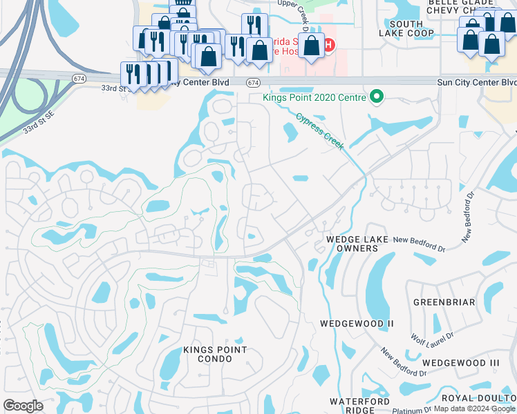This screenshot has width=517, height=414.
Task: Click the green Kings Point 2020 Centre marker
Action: [x=377, y=97]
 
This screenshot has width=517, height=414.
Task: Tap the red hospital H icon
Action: [x=328, y=46]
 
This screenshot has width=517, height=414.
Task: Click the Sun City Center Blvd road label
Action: [x=476, y=82]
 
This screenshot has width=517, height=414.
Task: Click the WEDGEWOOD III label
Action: [x=460, y=363]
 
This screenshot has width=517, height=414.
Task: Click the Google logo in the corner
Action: [x=23, y=406]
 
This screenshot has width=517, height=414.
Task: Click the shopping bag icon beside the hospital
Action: [x=312, y=46]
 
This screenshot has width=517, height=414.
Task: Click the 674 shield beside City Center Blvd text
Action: [x=253, y=82]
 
